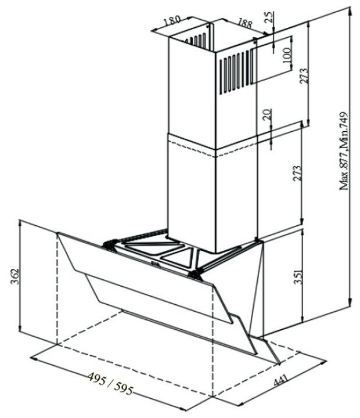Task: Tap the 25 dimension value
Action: [268, 16]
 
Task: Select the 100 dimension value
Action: [286, 56]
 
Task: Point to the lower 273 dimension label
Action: [298, 174]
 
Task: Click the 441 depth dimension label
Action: [282, 384]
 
